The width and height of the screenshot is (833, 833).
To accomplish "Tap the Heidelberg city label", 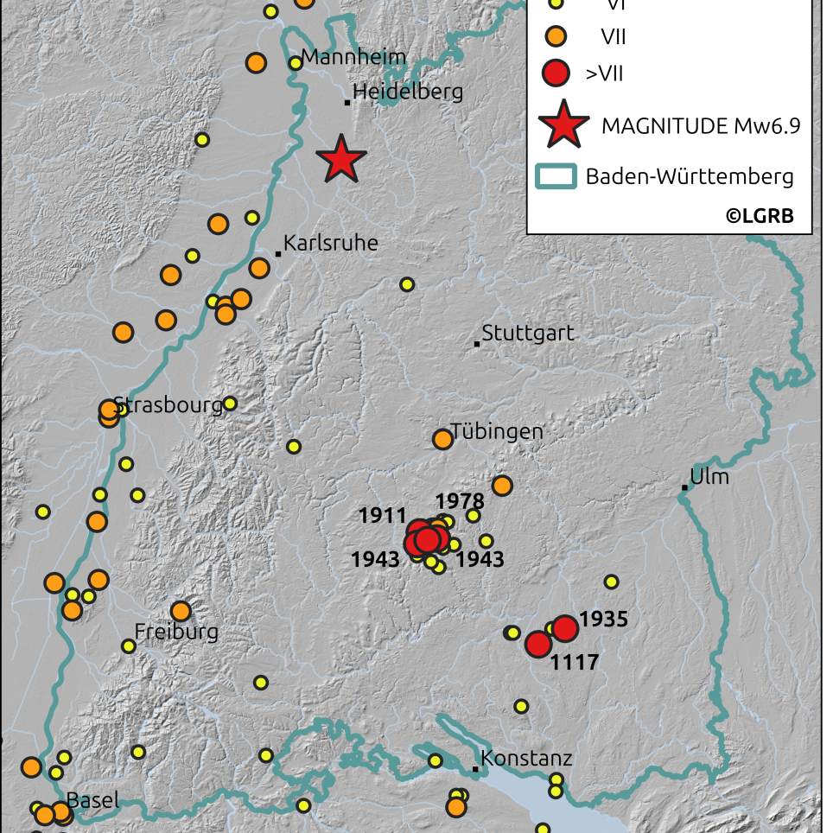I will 408,92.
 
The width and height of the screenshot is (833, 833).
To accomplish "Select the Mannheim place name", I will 353,59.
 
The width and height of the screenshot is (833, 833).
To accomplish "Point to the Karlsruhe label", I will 331,243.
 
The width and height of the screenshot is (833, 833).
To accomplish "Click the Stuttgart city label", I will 527,333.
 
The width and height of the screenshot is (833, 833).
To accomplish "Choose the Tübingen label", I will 496,431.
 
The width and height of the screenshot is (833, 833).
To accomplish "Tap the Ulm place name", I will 709,477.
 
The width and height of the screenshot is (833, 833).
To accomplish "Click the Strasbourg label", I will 169,405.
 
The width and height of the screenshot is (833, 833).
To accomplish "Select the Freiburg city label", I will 176,632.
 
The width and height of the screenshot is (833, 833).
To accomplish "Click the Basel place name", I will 92,800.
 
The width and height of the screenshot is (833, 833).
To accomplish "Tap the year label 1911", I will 382,516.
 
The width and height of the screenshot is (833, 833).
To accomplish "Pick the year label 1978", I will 460,500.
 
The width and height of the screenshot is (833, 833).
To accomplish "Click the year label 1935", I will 603,619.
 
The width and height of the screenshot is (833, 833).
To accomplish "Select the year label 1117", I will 575,663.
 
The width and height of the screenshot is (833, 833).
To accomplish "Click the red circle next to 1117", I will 538,644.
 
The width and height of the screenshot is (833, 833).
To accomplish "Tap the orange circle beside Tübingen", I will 442,439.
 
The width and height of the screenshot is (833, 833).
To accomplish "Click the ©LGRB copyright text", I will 759,215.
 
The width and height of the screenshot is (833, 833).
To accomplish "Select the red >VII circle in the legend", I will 556,73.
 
